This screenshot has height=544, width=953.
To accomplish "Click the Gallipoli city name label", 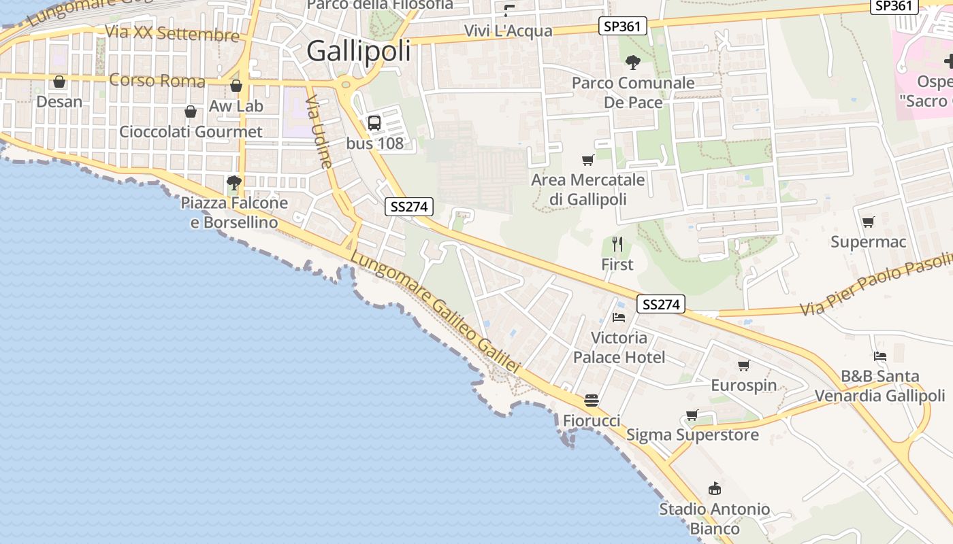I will click(359, 51).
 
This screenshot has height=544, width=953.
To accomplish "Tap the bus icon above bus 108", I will click(374, 123).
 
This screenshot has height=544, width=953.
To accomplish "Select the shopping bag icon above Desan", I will click(59, 82).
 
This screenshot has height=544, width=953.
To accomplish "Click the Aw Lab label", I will click(236, 106).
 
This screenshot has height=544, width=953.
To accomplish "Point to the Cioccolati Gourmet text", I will click(191, 131).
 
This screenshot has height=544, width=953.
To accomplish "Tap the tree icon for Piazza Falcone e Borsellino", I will click(234, 182).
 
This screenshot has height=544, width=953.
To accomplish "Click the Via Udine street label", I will click(319, 132).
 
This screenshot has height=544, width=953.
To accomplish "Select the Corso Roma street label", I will click(157, 81).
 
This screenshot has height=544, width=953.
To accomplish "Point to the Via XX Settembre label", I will click(172, 33).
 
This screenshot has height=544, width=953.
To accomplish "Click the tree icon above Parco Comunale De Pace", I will click(633, 63).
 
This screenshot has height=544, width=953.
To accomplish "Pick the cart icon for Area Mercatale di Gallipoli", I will click(588, 160).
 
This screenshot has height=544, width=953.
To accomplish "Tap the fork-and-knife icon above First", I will click(617, 244).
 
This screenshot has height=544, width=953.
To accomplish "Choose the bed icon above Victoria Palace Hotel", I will click(619, 317).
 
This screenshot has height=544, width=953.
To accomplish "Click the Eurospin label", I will click(743, 386).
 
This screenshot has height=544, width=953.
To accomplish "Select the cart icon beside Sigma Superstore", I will click(692, 415).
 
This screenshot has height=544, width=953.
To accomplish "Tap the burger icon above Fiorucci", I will click(591, 401).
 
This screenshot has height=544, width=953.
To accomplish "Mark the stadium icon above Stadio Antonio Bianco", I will click(714, 488).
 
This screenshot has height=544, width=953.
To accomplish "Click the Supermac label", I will click(868, 242).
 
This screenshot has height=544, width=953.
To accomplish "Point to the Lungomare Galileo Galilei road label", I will click(436, 313).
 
